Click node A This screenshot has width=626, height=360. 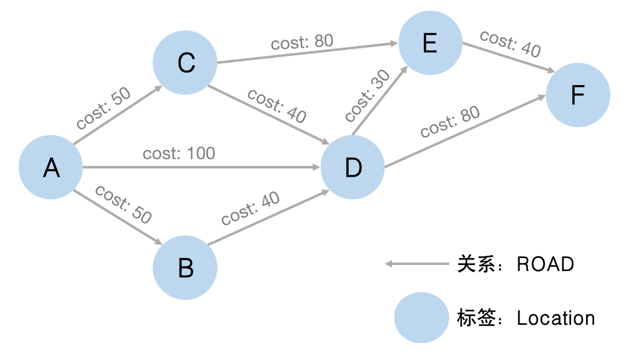point(51,167)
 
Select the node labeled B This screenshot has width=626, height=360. point(185,268)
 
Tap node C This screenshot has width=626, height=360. point(185,63)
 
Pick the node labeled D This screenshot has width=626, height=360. point(353,167)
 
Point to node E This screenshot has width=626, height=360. point(430,43)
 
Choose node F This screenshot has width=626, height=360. point(578,95)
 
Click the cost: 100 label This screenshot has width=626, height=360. point(179,153)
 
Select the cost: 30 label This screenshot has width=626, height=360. point(367,96)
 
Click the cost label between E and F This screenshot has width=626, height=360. point(510,43)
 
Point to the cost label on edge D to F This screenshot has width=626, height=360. point(450,121)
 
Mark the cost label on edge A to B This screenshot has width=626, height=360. point(123,204)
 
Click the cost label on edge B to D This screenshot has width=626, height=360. point(250,209)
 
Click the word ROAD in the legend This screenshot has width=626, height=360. point(545,264)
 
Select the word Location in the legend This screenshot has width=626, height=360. point(556,318)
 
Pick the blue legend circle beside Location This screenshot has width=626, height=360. point(421,318)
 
